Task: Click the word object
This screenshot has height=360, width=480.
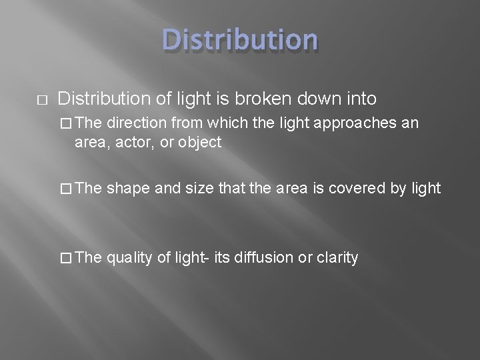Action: pos(200,142)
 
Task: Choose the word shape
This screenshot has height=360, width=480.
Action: pos(128,189)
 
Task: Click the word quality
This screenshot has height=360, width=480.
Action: pos(129,257)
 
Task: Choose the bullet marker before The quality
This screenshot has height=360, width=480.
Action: pos(65,257)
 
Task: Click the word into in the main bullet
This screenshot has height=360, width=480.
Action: pos(361,99)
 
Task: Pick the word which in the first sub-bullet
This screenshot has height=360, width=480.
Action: pos(225,123)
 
